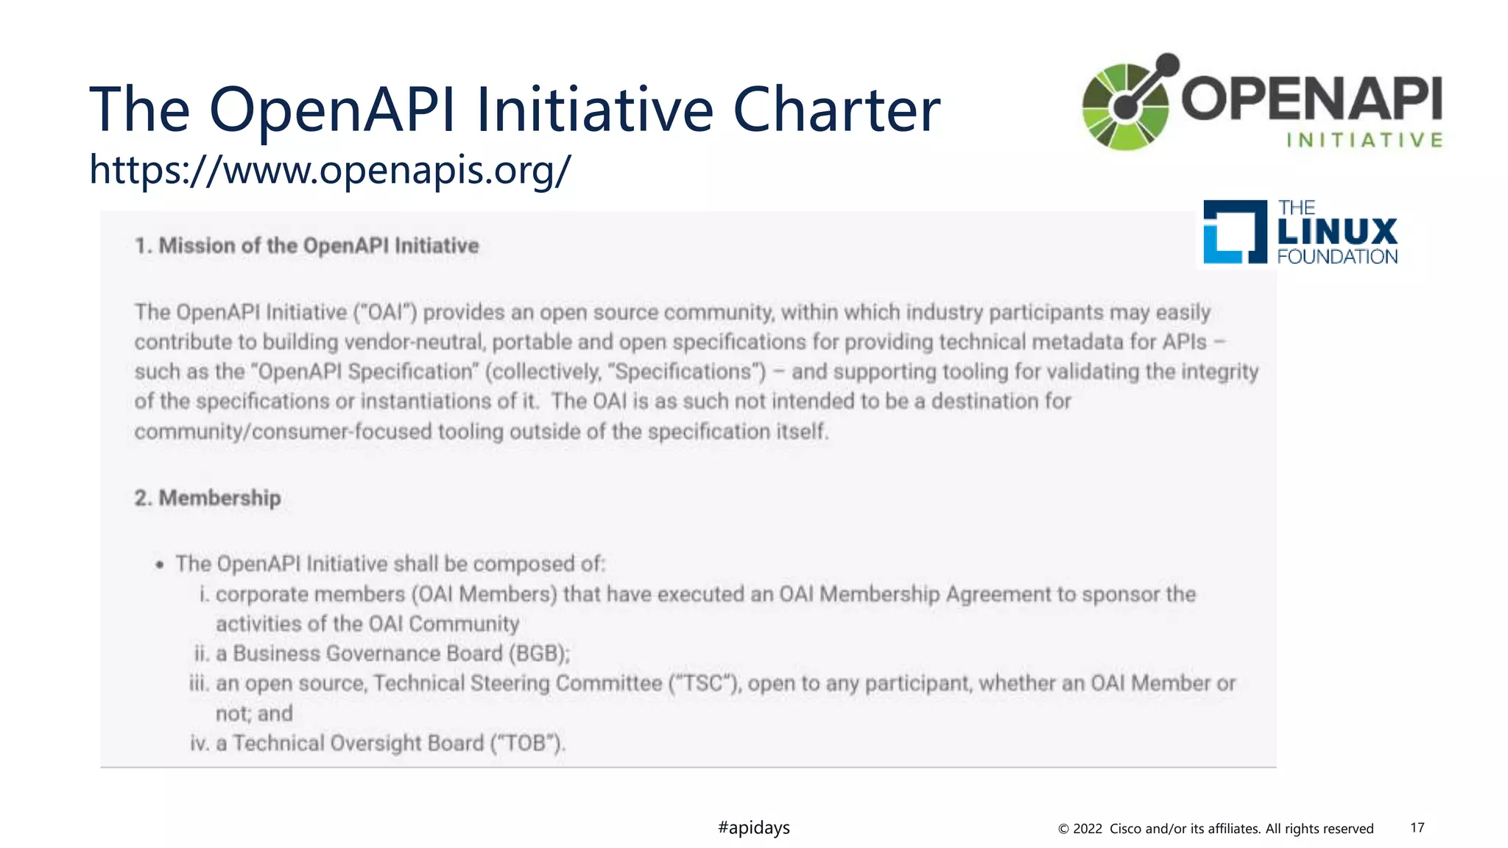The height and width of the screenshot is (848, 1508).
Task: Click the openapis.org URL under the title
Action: [x=330, y=170]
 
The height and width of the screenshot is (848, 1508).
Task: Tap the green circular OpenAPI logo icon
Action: [x=1127, y=105]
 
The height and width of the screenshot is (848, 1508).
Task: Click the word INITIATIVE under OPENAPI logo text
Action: [x=1364, y=140]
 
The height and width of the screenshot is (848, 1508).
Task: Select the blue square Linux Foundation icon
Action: [x=1235, y=232]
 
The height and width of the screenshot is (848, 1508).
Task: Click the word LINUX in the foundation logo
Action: [x=1336, y=232]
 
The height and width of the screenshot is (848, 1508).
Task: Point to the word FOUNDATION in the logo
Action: [x=1337, y=257]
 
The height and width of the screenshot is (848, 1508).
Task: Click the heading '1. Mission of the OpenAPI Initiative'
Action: [x=306, y=246]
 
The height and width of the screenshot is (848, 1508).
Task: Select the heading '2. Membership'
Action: [x=208, y=498]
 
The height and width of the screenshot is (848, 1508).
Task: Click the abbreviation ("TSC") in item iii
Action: [x=705, y=684]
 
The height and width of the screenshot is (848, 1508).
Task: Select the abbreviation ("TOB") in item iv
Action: [x=528, y=743]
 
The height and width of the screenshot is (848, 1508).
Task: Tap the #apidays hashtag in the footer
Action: [x=753, y=827]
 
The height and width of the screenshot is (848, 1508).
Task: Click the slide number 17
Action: [x=1417, y=827]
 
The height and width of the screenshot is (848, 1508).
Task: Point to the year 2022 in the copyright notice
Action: [x=1087, y=829]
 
